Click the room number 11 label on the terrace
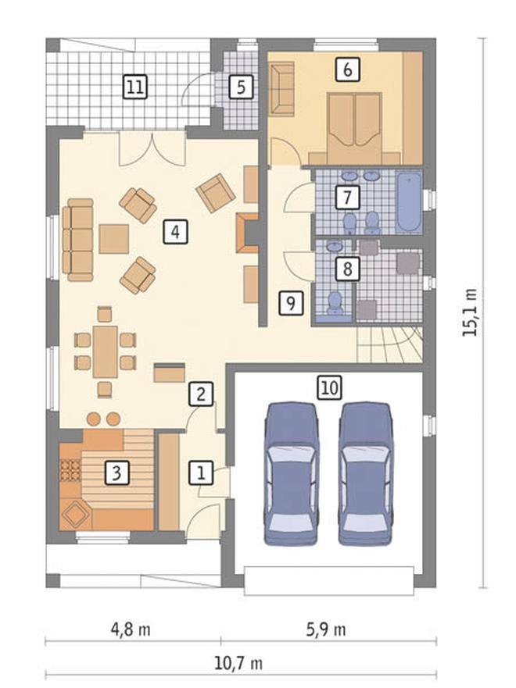tap(134, 87)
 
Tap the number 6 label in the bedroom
tap(347, 70)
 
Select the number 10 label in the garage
tap(330, 387)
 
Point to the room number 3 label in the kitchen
tap(116, 472)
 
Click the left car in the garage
tap(292, 474)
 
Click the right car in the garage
tap(366, 474)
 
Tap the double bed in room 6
tap(355, 128)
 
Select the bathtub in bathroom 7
tap(410, 202)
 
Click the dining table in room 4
tap(106, 351)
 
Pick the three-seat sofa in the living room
tap(77, 240)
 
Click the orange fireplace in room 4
tap(248, 233)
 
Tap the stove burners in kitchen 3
tap(70, 471)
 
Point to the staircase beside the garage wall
tap(389, 344)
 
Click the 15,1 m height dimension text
tap(469, 312)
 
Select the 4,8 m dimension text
tap(131, 629)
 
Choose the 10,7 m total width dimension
tap(238, 663)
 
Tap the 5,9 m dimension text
tap(326, 629)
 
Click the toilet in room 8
tap(335, 303)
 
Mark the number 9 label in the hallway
tap(291, 303)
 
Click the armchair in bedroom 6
tap(281, 89)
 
